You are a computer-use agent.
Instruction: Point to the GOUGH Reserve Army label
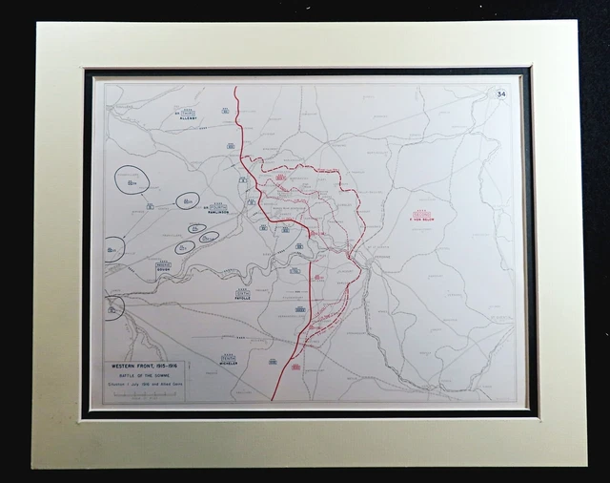click(168, 269)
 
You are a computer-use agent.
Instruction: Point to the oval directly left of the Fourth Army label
click(188, 200)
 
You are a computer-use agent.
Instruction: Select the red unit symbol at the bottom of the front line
click(296, 367)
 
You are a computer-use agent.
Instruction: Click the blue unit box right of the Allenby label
click(226, 112)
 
